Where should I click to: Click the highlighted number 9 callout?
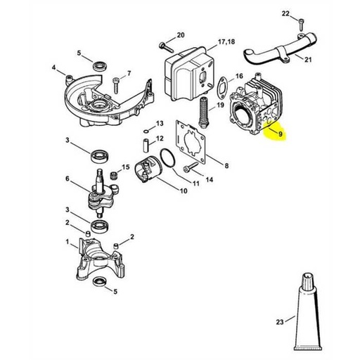click(280, 133)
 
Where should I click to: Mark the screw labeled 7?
click(113, 85)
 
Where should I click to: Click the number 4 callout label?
click(53, 68)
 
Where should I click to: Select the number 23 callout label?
click(280, 303)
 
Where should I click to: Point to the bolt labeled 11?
click(190, 168)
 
